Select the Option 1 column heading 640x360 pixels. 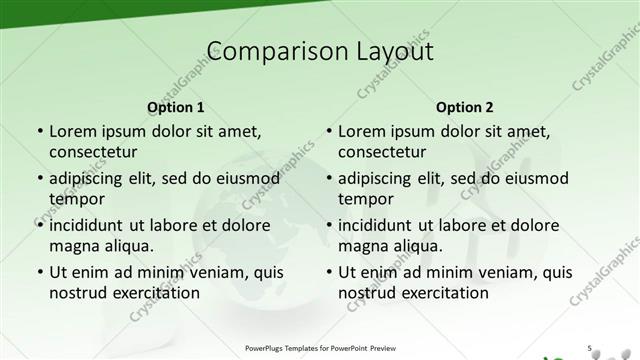click(x=175, y=107)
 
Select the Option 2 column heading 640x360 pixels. click(x=465, y=107)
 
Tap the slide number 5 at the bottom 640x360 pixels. click(x=590, y=347)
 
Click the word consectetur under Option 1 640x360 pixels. click(x=93, y=152)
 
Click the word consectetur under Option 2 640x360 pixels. click(x=382, y=152)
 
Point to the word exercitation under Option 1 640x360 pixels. click(x=154, y=292)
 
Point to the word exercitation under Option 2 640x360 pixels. click(x=443, y=292)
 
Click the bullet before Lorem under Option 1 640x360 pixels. click(x=39, y=132)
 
